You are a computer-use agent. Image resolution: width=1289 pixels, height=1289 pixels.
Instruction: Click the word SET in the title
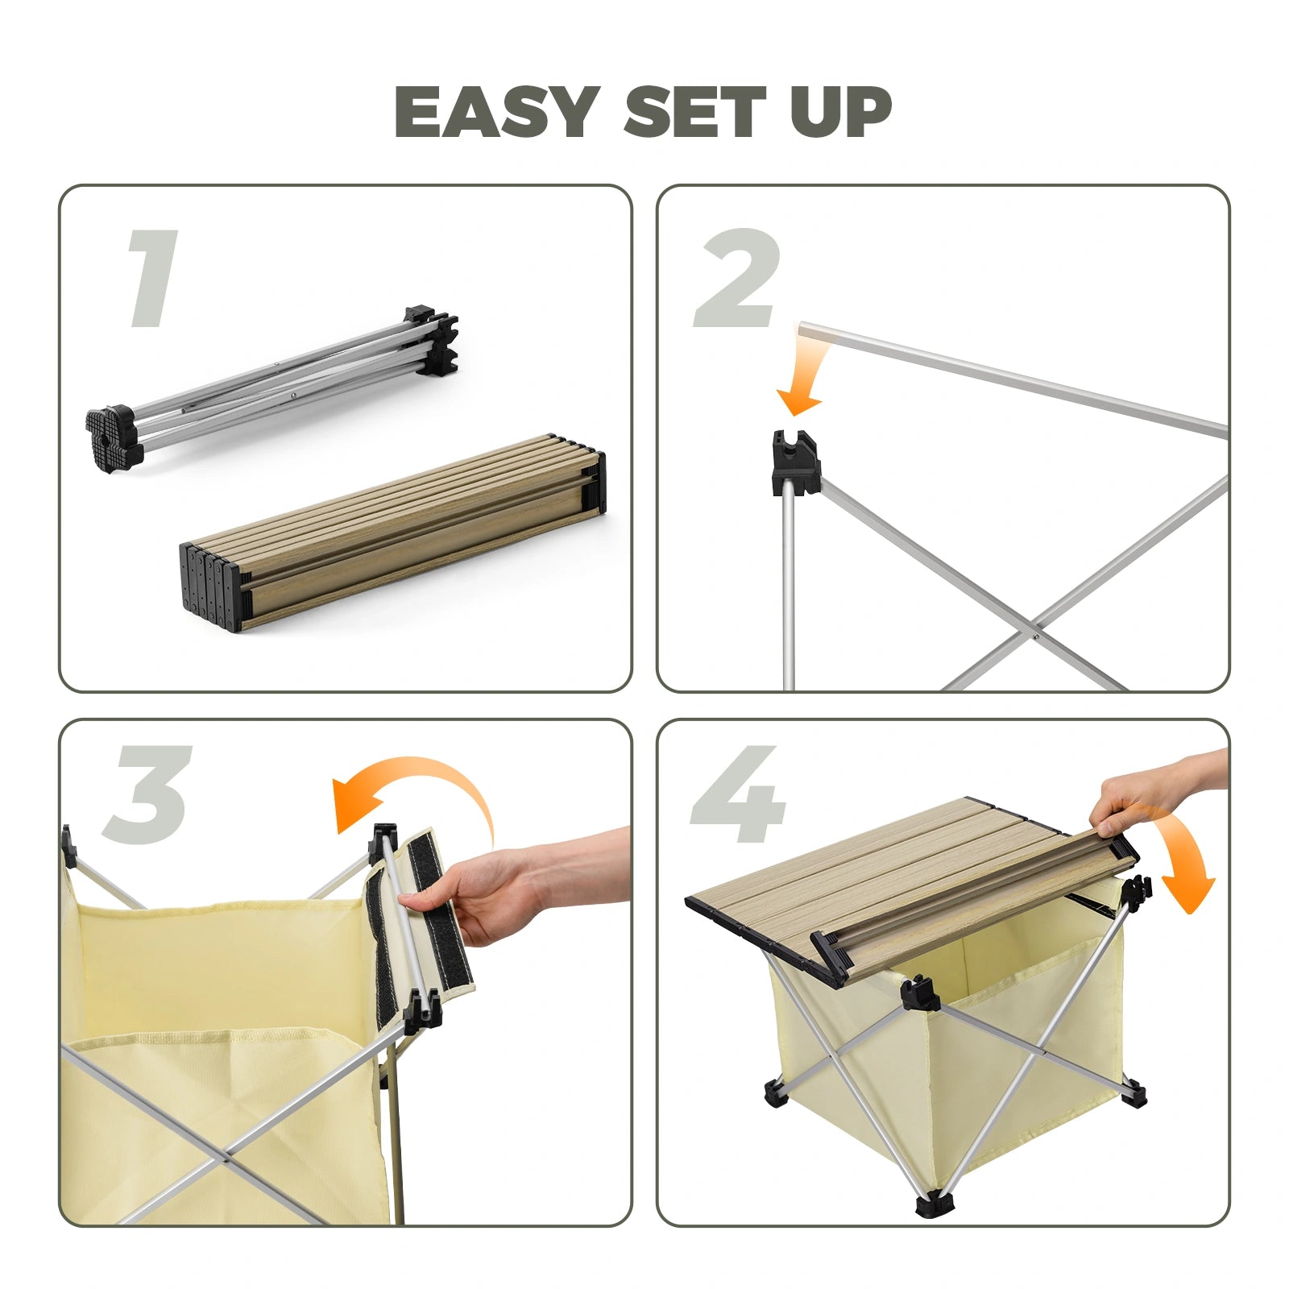point(694,112)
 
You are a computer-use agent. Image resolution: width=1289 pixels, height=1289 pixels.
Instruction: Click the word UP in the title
point(840,112)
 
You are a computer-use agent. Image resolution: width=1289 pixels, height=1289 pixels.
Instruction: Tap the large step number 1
point(153,279)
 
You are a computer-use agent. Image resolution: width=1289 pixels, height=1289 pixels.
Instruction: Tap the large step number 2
point(737,279)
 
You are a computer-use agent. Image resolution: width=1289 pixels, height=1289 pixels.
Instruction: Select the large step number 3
point(149,794)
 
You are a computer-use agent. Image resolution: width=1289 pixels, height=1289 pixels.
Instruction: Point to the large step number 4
point(737,794)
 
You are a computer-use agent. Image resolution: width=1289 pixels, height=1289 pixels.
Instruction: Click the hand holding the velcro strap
point(483,894)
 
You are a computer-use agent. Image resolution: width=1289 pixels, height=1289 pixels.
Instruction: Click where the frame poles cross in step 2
point(1033,636)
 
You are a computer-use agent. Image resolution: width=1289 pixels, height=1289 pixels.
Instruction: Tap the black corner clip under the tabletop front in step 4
point(918,993)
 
